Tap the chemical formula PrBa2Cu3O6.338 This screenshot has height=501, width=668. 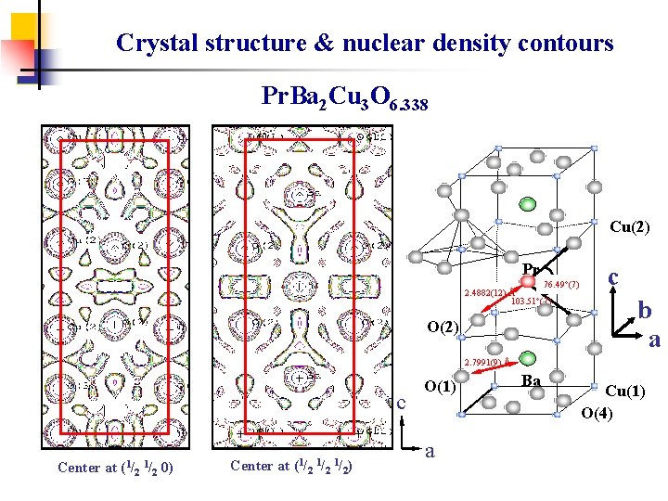point(344,96)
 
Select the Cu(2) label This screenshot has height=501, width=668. point(629,225)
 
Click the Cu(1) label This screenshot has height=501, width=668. point(625,392)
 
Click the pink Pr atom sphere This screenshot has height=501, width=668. point(528,281)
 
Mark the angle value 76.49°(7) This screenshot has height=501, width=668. point(562,285)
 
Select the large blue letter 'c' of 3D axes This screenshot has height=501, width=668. point(613,276)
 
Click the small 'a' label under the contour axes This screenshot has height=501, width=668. point(430,452)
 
